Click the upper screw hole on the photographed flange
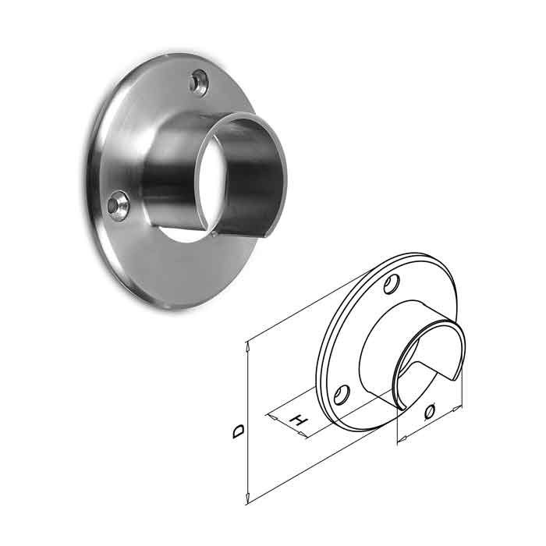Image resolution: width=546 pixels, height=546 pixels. click(x=200, y=80)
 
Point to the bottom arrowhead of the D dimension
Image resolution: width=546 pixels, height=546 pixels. click(x=248, y=499)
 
